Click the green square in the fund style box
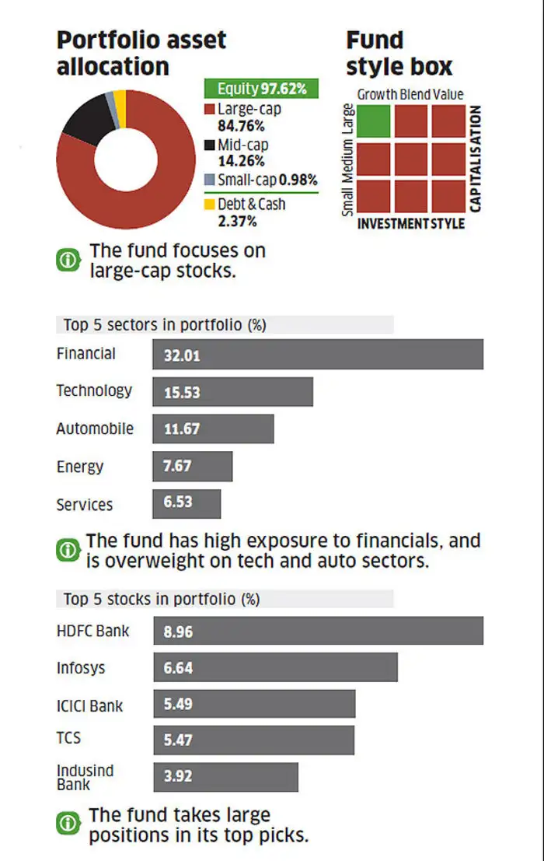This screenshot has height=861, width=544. tap(374, 121)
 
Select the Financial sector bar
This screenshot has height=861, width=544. tap(318, 355)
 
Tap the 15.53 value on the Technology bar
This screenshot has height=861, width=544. tap(182, 393)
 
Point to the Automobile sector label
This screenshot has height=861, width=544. tap(95, 429)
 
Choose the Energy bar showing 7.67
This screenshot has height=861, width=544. tap(193, 467)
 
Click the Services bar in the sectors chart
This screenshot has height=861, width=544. tap(187, 504)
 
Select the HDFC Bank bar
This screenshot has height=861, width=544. tap(318, 631)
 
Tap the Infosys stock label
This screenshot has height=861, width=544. tap(80, 668)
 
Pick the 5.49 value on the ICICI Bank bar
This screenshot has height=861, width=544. tap(178, 704)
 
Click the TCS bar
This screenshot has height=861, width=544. tap(253, 740)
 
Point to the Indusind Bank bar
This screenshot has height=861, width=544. tap(225, 776)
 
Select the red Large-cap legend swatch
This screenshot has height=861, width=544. tap(210, 110)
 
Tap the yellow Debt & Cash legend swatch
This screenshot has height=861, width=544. tap(210, 205)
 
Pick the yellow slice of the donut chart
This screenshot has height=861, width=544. tap(120, 98)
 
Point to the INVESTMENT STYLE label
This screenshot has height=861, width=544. tap(410, 224)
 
